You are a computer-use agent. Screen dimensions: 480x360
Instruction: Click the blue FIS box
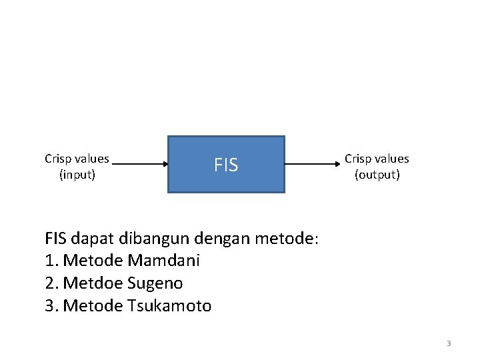226,165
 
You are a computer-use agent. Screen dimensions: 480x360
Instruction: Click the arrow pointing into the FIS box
140,164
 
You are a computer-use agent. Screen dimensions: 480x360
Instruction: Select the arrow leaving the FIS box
311,164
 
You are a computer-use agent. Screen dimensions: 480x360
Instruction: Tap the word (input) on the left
77,175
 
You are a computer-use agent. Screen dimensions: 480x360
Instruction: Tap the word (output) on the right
377,175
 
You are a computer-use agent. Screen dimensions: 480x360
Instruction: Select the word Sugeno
155,283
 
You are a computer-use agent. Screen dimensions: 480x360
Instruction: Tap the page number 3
449,343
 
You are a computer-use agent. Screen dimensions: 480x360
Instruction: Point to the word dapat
89,238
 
